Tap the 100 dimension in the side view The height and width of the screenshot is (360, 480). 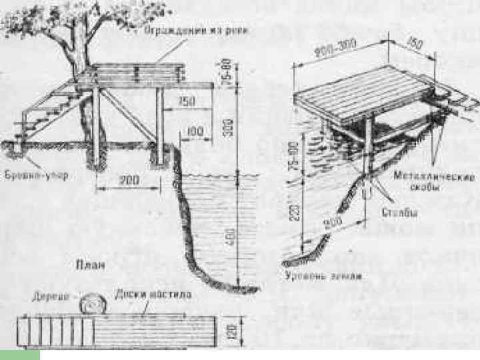tap(195, 133)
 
